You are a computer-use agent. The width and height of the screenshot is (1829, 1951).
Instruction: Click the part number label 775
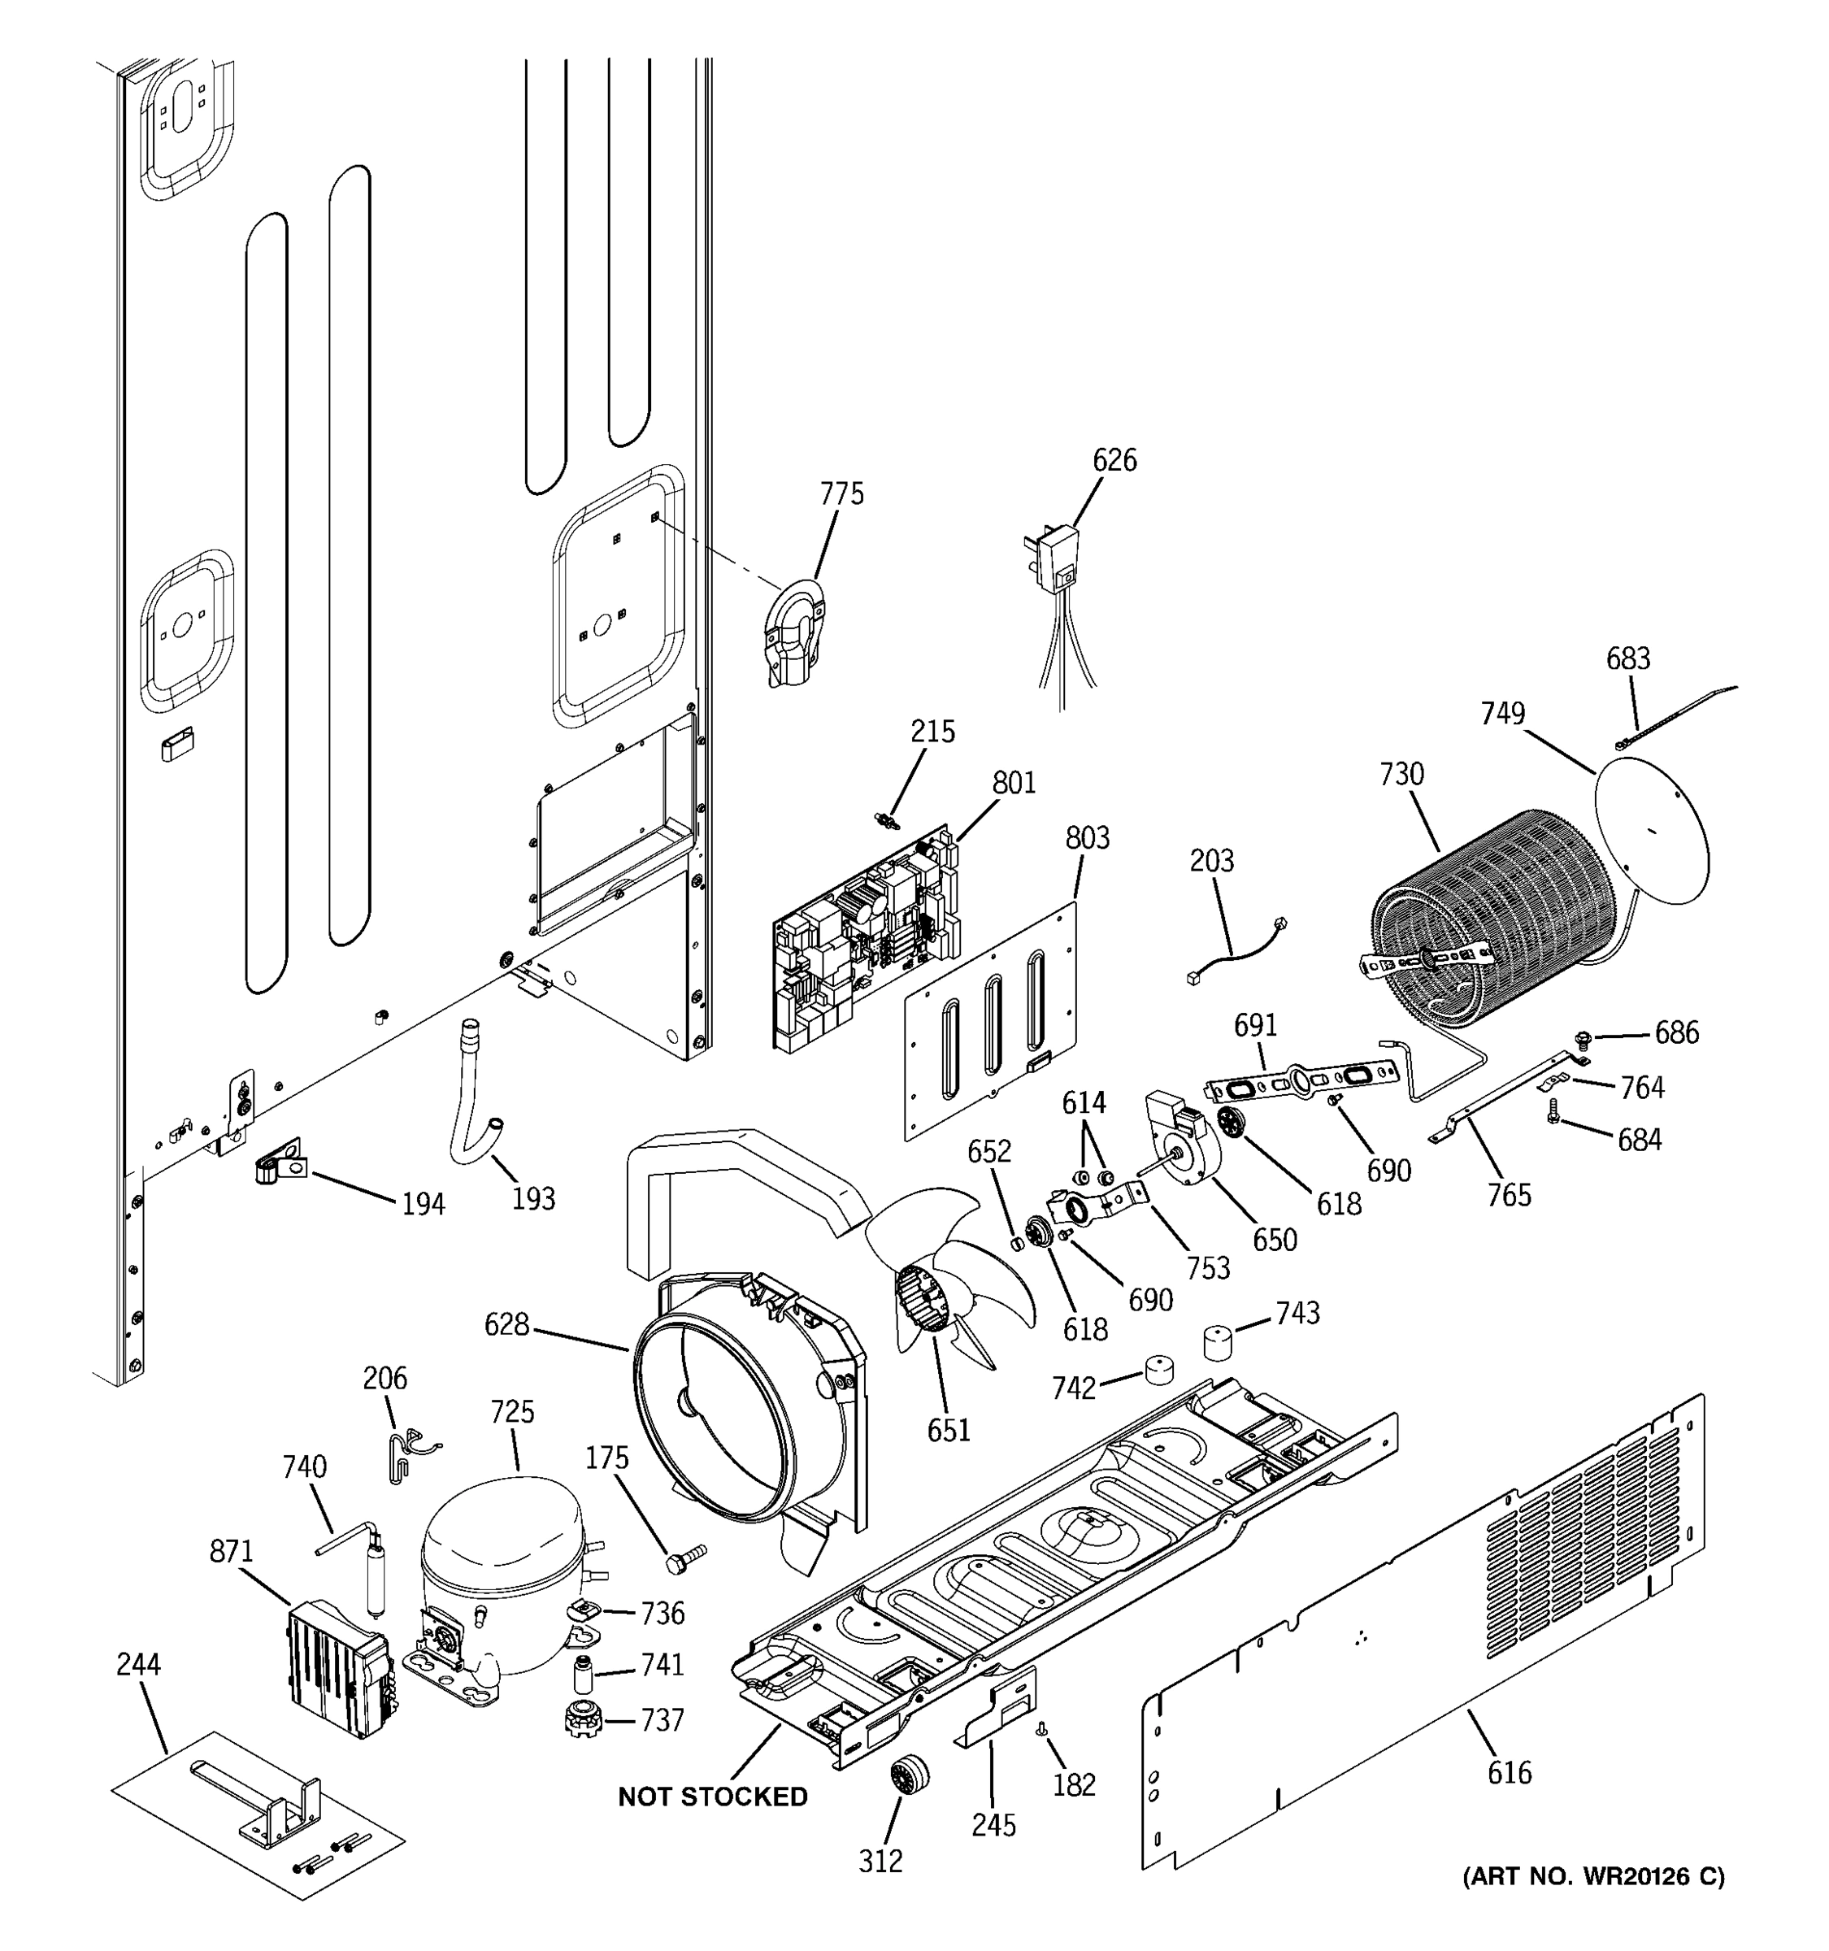pos(842,493)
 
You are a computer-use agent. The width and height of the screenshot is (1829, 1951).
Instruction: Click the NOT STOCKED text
pos(712,1797)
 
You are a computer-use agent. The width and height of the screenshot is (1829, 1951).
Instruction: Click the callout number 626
pos(1114,459)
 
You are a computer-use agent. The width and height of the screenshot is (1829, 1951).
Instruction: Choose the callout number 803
pos(1087,838)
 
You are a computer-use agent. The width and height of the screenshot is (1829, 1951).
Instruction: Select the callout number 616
pos(1508,1772)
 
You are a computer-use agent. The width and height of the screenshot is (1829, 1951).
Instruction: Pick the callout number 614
pos(1084,1102)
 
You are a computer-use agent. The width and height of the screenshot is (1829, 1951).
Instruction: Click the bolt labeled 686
pos(1582,1037)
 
